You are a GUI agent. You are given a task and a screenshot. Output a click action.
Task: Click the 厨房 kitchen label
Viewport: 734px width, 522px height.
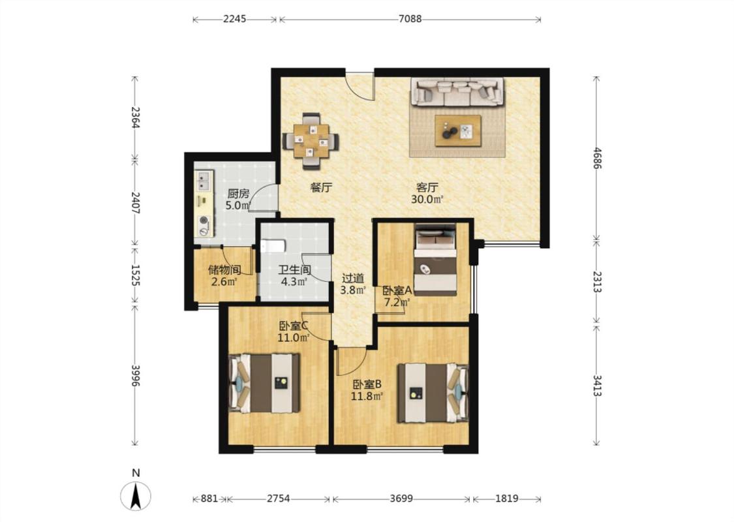tap(238, 194)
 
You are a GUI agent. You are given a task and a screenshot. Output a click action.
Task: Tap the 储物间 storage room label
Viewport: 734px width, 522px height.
tap(224, 270)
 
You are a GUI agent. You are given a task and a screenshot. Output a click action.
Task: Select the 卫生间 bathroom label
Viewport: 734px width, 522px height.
tap(294, 270)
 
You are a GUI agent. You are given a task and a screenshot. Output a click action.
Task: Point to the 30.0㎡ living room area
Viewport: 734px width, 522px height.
tap(427, 200)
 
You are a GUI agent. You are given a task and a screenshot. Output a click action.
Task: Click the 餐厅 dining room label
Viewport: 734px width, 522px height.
tap(322, 188)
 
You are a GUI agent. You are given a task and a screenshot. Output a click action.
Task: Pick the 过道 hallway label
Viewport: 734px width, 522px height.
tap(352, 279)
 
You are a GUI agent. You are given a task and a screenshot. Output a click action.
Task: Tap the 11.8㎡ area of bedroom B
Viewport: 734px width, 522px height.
tap(367, 396)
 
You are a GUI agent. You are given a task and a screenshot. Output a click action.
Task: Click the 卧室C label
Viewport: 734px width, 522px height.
tap(294, 326)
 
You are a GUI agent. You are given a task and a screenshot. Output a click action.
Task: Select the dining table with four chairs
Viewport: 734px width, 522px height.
tap(310, 140)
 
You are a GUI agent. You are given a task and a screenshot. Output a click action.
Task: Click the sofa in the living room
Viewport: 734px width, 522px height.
tap(457, 92)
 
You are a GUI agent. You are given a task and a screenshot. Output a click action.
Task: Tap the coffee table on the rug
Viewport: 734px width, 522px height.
tap(458, 130)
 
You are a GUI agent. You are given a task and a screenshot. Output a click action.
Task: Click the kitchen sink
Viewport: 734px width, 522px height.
tap(204, 181)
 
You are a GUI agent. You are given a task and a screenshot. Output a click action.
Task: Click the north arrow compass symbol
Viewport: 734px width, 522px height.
tap(136, 495)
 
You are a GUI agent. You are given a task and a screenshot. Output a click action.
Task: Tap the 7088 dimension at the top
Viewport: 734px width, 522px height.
tap(410, 19)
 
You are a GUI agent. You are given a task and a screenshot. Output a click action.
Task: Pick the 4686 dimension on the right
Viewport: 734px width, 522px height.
tap(596, 159)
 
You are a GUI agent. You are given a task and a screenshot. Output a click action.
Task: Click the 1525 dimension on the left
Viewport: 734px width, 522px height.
tap(135, 275)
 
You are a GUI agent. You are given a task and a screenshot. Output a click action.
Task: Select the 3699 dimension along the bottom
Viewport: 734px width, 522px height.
tap(401, 499)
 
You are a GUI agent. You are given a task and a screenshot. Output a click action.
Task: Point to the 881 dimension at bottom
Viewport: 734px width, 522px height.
tap(209, 499)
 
